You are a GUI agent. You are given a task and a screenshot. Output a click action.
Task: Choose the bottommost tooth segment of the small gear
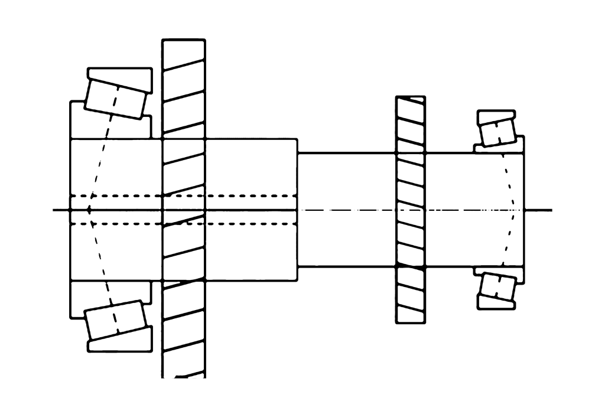[x=410, y=315]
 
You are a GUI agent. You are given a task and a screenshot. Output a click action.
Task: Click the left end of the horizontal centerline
[x=54, y=210]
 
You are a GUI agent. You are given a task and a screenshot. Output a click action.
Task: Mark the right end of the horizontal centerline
[x=551, y=210]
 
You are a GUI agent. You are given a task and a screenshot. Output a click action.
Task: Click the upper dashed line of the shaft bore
[x=183, y=195]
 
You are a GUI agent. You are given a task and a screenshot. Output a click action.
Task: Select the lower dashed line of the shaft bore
[x=183, y=224]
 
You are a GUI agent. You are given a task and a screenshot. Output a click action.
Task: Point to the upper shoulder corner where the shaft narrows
[x=297, y=152]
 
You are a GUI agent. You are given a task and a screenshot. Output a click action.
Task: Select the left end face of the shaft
[x=71, y=177]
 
